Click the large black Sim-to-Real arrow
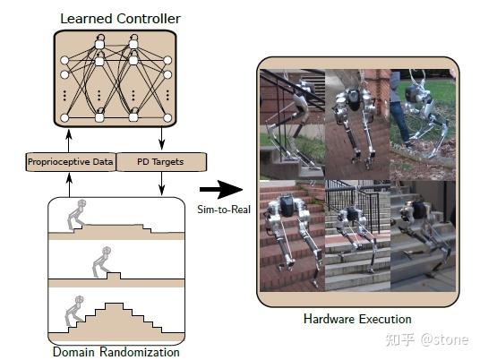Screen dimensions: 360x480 point(221,189)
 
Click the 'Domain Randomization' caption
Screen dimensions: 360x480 point(116,351)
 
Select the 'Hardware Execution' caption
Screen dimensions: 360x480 point(357,319)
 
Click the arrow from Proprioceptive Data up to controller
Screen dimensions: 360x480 point(70,141)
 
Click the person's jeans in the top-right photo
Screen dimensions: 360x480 point(400,116)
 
